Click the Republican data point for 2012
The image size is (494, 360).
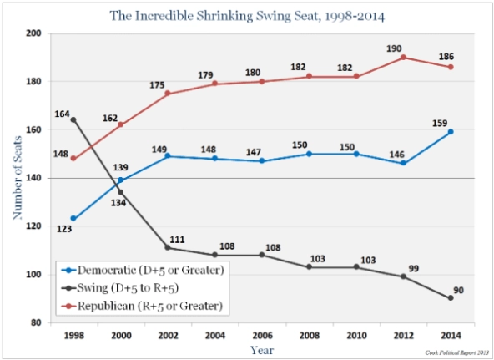click(x=404, y=57)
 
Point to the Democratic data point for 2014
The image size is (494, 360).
click(x=451, y=131)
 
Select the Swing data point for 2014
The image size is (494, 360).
click(x=451, y=298)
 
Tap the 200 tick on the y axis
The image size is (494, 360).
click(x=33, y=33)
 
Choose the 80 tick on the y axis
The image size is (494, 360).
click(x=36, y=322)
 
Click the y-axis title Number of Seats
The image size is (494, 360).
click(x=16, y=178)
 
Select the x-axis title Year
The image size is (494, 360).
click(x=260, y=351)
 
